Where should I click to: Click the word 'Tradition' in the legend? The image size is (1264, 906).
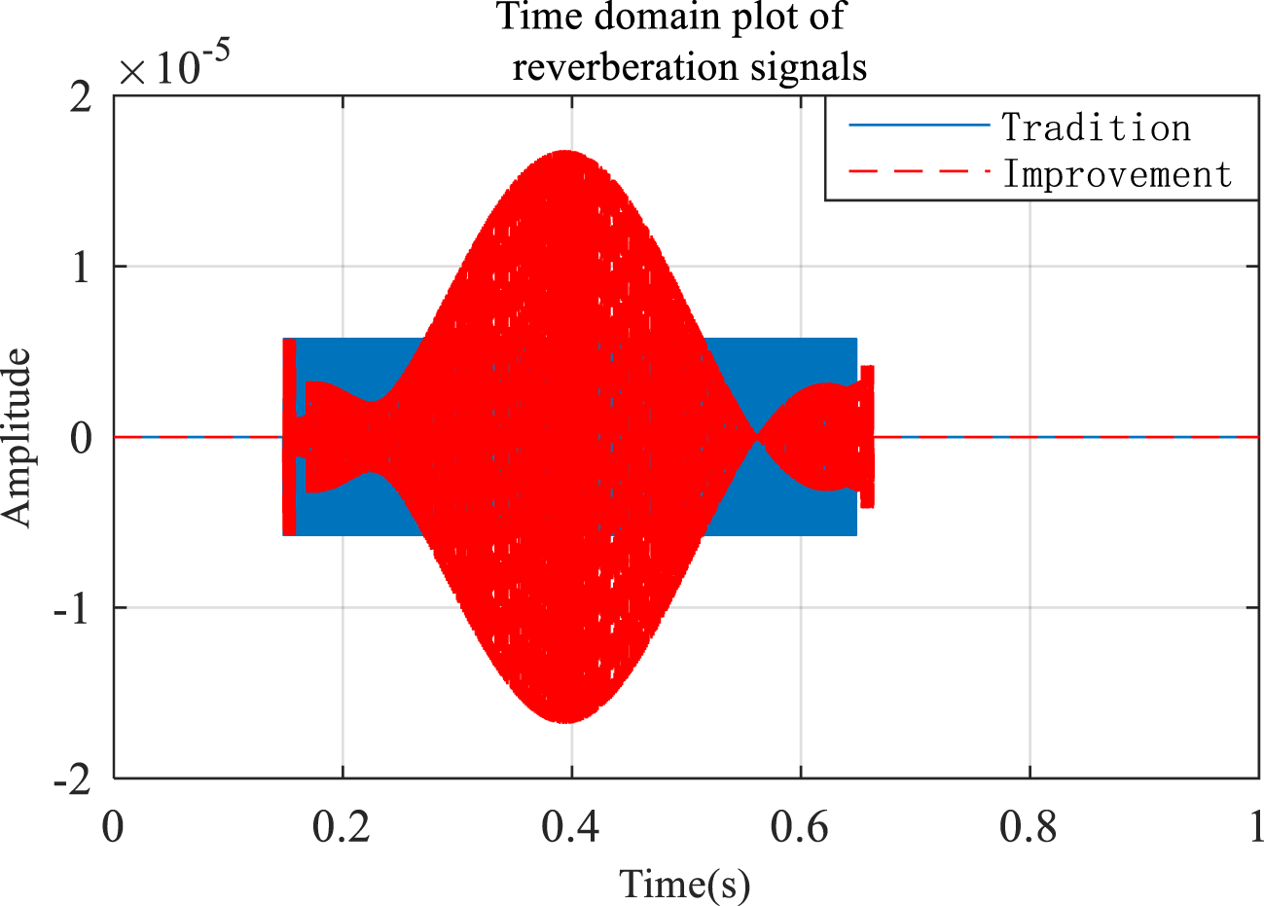click(1096, 127)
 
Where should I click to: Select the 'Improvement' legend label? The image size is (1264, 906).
click(1117, 174)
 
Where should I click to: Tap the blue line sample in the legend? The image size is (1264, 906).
click(919, 126)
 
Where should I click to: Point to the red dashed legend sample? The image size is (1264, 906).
click(919, 172)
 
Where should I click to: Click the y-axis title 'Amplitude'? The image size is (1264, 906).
click(17, 438)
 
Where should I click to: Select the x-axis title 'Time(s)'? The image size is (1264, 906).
click(685, 884)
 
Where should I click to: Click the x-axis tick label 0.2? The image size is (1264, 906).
click(343, 827)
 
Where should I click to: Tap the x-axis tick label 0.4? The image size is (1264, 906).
click(571, 827)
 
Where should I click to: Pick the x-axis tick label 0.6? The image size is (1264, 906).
click(800, 827)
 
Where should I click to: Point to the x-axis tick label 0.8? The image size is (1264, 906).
click(1029, 827)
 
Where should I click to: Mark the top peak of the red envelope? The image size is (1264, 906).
click(565, 153)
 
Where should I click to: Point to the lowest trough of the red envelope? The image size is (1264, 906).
click(565, 721)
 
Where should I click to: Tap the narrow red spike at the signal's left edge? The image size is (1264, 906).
click(289, 436)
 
